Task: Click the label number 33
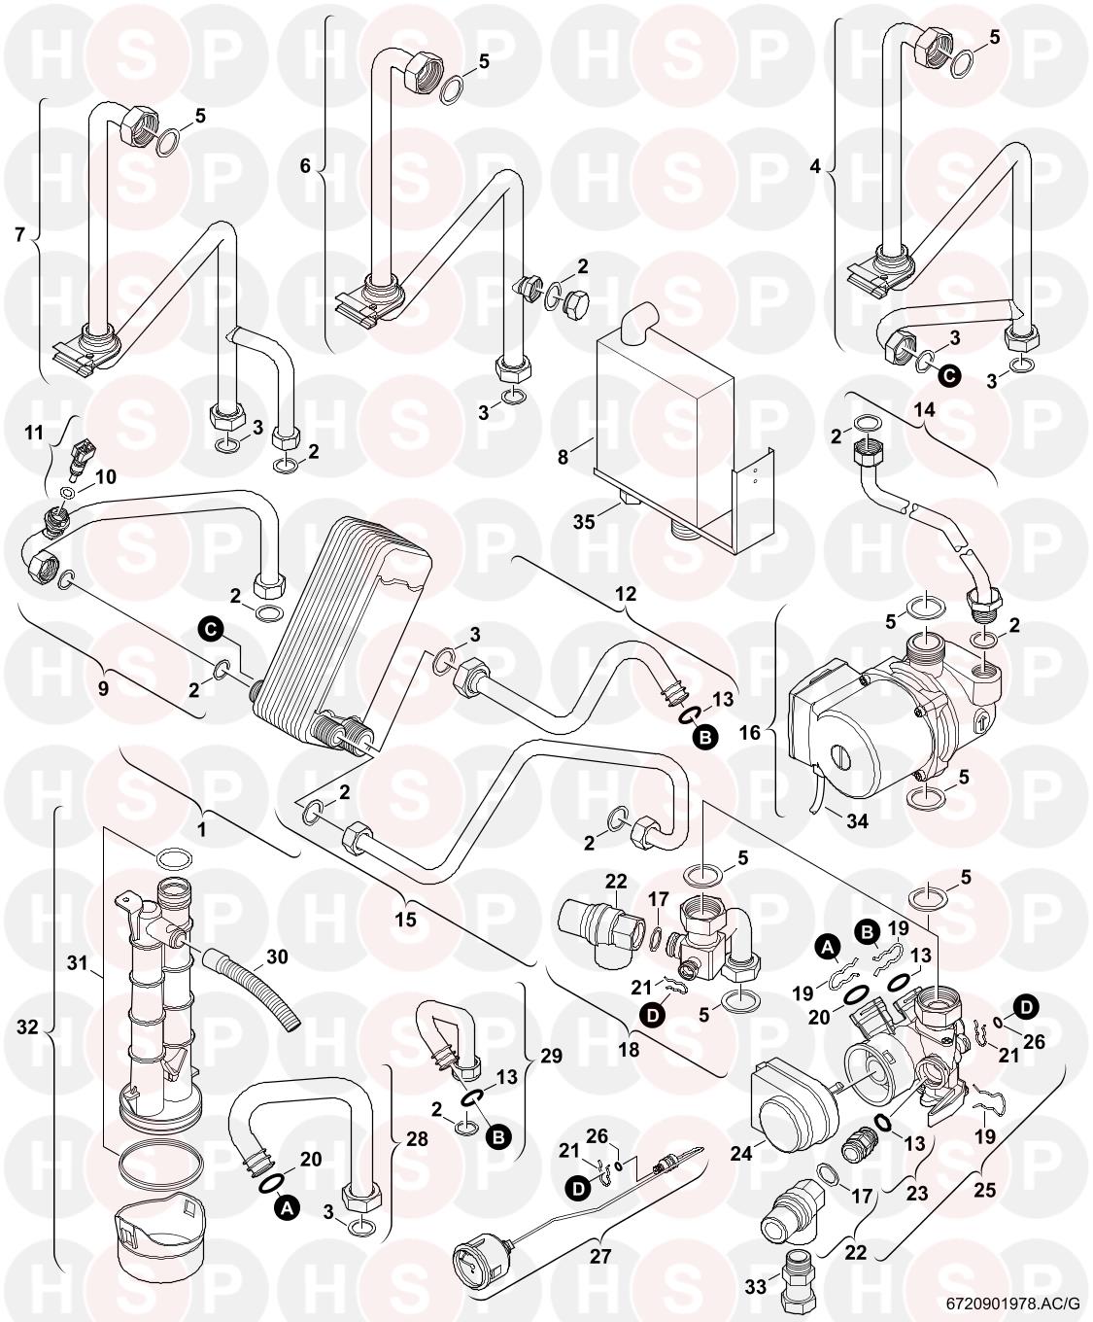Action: point(756,1287)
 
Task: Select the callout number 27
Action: point(599,1255)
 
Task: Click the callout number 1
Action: point(202,830)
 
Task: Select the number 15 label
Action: point(405,918)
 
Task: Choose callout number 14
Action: point(924,410)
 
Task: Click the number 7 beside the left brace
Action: point(20,235)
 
